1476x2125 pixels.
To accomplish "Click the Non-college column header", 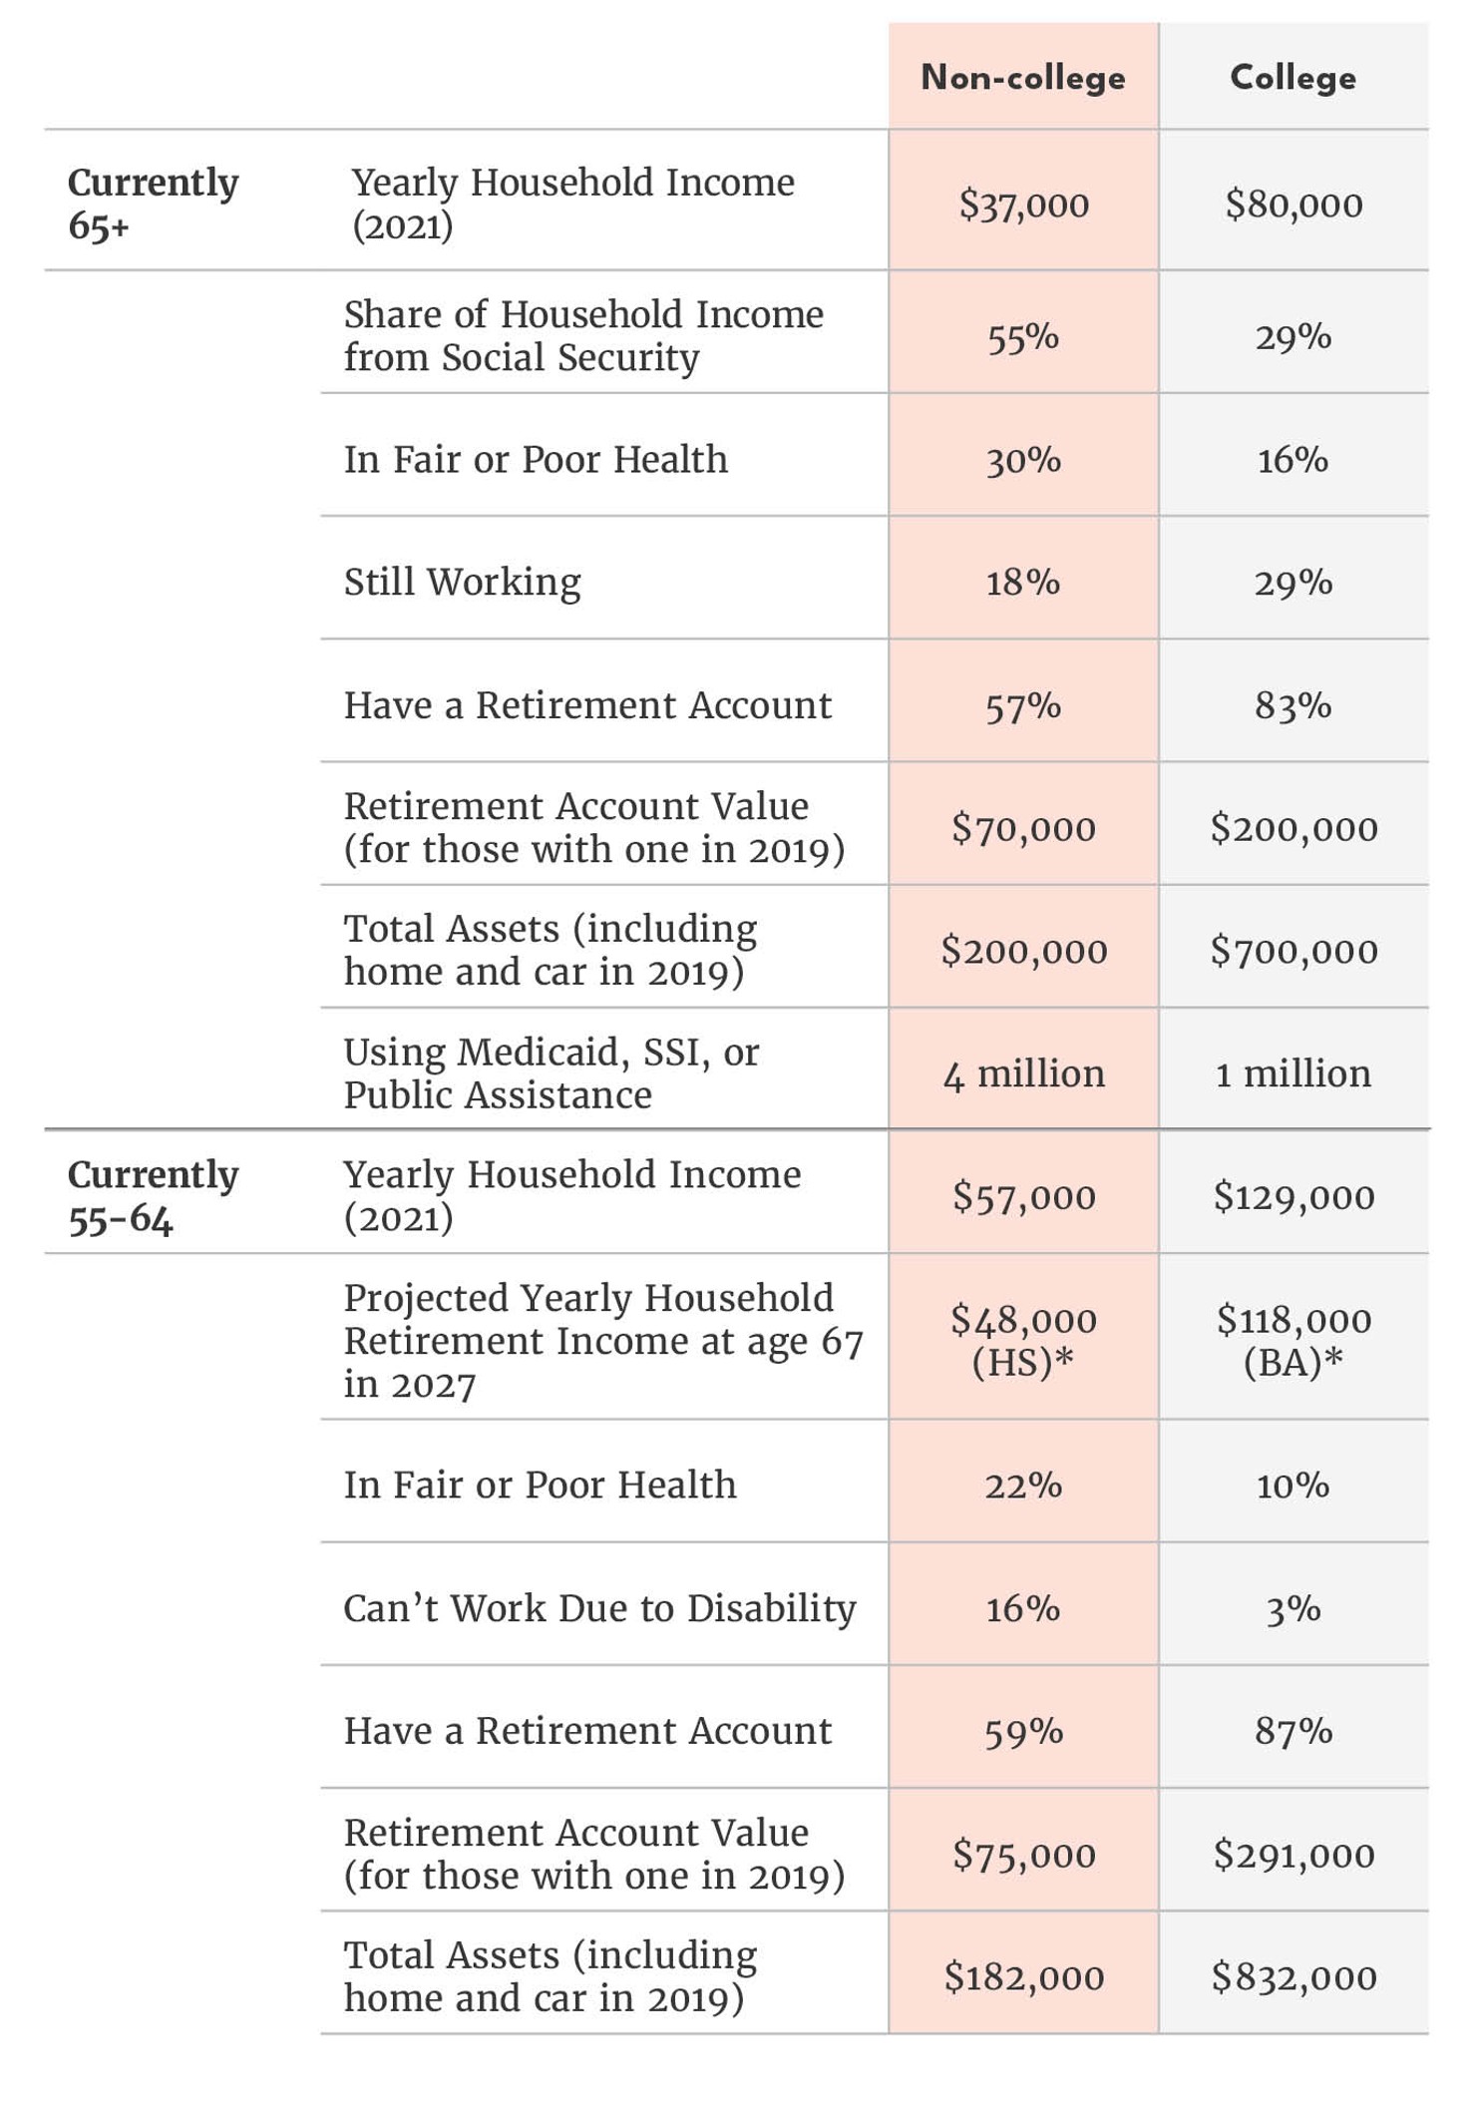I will coord(1022,78).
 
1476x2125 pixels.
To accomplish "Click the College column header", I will coord(1292,78).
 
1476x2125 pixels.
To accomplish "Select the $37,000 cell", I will coord(1023,205).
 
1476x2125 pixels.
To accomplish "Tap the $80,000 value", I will coord(1293,205).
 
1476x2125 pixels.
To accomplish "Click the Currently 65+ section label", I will coord(153,204).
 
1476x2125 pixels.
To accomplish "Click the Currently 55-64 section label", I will coord(153,1196).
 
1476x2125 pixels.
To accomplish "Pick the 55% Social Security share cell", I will coord(1023,337).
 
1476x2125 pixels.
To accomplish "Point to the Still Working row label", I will coord(462,582).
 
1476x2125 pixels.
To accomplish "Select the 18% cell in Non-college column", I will coord(1023,583).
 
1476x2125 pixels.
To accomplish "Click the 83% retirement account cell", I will coord(1293,705).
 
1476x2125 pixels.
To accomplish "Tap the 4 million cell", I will coord(1023,1073).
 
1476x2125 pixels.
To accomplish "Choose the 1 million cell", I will coord(1293,1073).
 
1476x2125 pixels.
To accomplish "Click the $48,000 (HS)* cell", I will coord(1023,1340).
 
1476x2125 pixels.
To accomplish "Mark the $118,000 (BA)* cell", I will coord(1293,1340).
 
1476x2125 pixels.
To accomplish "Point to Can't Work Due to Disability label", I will coord(599,1608).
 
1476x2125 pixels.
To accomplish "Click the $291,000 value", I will coord(1293,1855).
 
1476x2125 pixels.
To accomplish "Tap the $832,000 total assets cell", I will coord(1293,1977).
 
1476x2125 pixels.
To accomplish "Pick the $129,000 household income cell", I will coord(1293,1196).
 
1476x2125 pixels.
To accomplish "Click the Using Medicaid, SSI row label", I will coord(551,1073).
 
